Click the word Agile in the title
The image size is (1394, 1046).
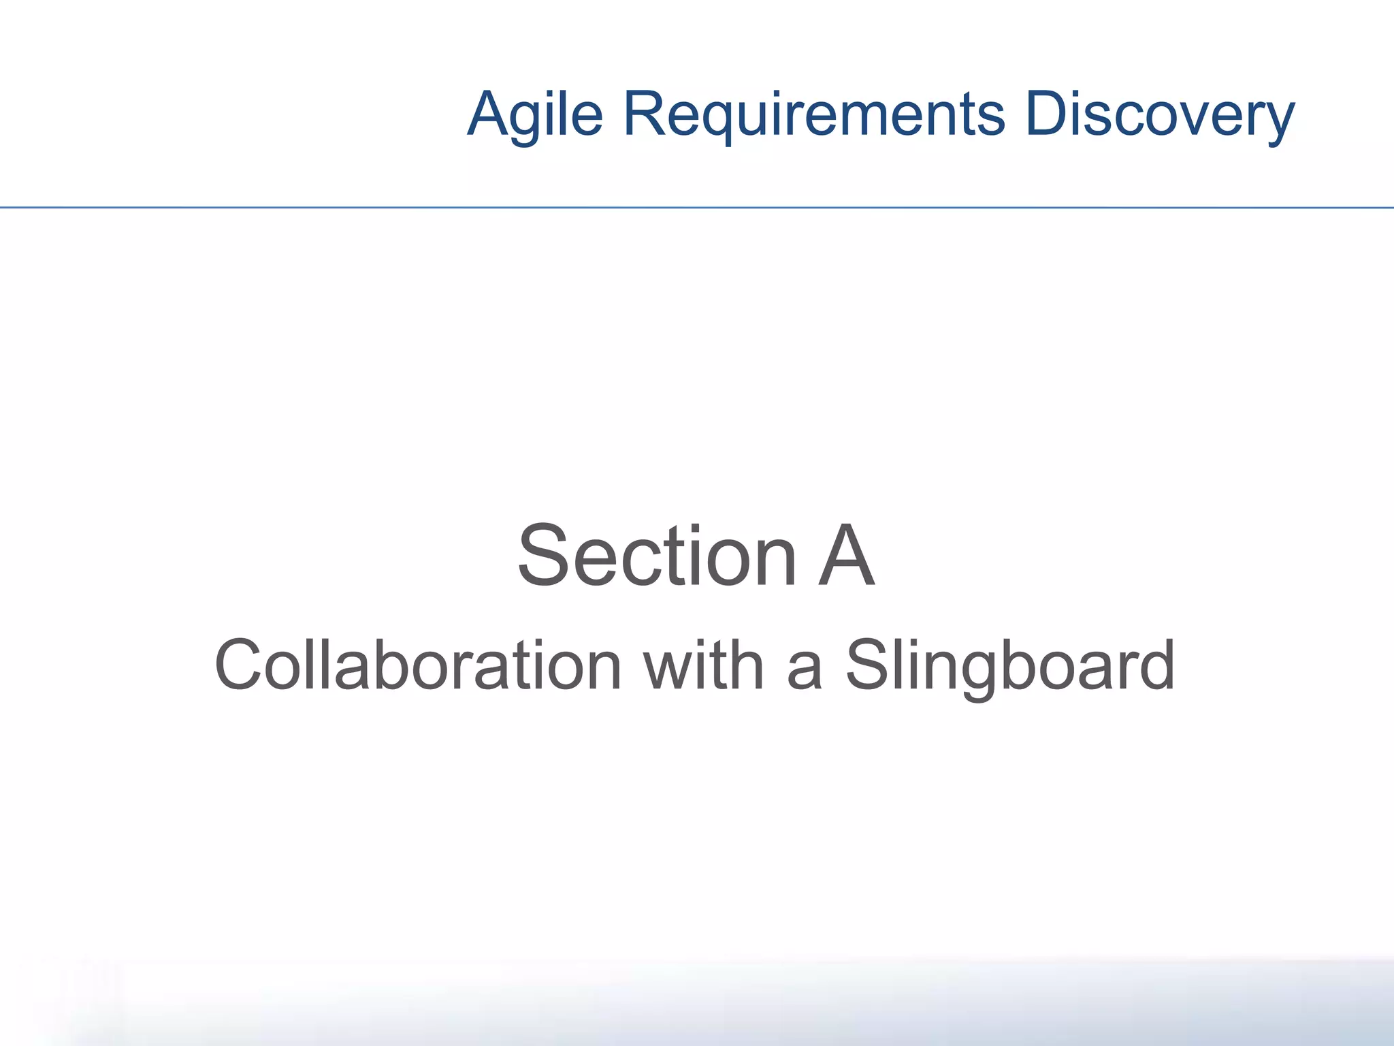click(x=535, y=114)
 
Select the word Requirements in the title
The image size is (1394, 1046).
click(x=814, y=114)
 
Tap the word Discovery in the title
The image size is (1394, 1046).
click(x=1159, y=114)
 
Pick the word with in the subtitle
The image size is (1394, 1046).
click(x=704, y=665)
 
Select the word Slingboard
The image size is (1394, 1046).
click(x=1010, y=665)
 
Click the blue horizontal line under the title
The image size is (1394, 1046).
click(x=697, y=207)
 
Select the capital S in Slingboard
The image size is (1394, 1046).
click(x=866, y=665)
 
